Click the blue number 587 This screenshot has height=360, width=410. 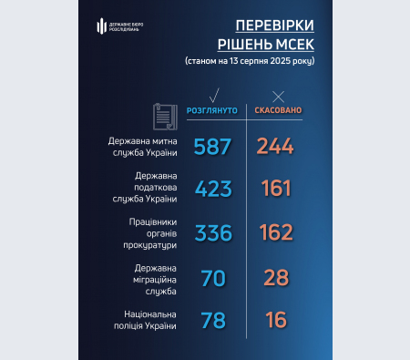214,147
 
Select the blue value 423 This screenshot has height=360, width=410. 214,189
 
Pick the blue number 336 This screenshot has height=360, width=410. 214,233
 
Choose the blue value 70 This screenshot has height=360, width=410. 214,279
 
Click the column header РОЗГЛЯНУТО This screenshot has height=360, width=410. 213,110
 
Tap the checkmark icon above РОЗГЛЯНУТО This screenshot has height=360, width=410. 214,94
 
